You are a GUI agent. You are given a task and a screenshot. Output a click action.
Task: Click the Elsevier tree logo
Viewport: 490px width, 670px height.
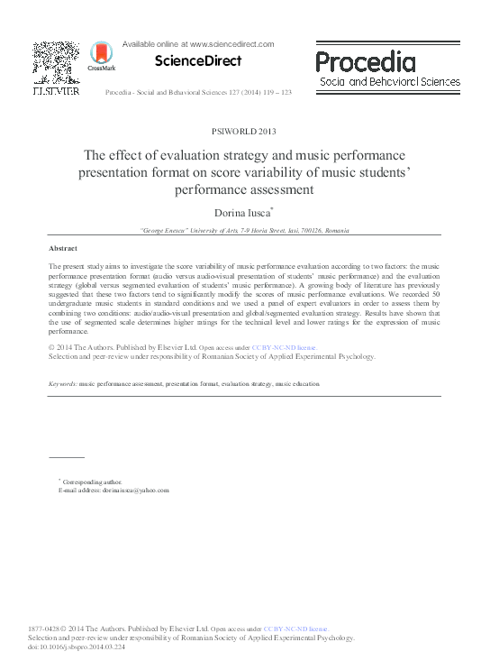click(x=56, y=62)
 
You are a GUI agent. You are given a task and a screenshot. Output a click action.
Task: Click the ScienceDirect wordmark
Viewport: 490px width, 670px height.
click(x=198, y=61)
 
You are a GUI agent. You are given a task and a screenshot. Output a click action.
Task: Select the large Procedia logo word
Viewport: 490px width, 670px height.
click(x=365, y=62)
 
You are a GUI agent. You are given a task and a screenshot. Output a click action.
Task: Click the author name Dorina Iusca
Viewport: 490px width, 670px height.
click(x=243, y=213)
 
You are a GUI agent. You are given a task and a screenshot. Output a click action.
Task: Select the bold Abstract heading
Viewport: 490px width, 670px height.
click(x=63, y=248)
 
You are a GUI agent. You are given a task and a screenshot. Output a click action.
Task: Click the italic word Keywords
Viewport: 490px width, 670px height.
click(x=63, y=384)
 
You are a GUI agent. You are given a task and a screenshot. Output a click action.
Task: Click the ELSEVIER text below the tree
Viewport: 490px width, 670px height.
click(x=56, y=90)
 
